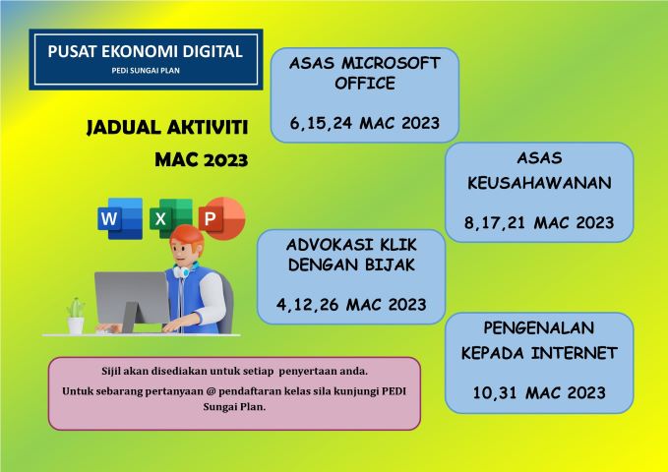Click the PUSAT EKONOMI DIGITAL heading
click(145, 51)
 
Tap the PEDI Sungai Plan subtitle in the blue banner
click(145, 73)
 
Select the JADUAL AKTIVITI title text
click(167, 128)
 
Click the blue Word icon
click(120, 218)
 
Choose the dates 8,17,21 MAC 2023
click(539, 222)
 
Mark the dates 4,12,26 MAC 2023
click(350, 304)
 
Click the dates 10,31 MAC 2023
click(539, 392)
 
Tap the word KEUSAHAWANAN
click(539, 183)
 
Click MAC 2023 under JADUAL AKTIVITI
click(201, 159)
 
